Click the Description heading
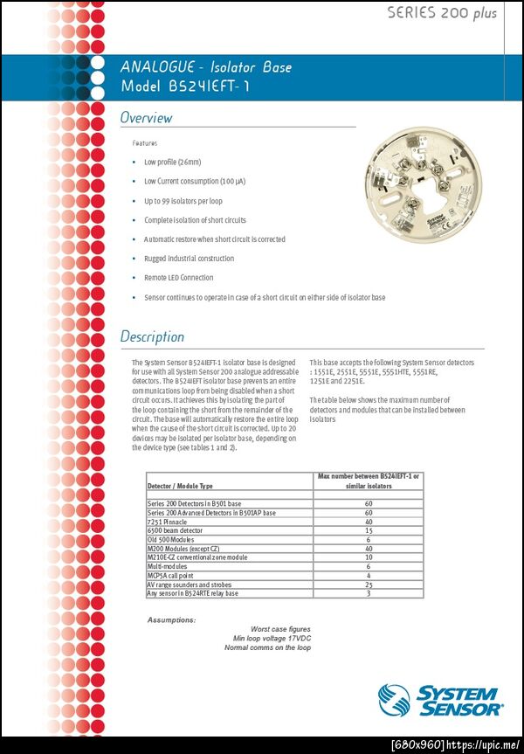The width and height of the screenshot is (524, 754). tap(152, 336)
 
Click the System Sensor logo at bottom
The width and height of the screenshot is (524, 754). tap(441, 701)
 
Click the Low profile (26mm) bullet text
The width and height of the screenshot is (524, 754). tap(172, 162)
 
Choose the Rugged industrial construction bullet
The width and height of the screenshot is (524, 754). tap(189, 259)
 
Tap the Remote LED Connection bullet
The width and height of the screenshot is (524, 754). tap(178, 278)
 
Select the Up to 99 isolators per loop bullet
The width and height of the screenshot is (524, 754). tap(183, 201)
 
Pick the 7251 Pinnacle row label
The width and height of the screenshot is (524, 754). tap(167, 522)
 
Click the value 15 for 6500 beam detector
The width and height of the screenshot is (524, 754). tap(369, 530)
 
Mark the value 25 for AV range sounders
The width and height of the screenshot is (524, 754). tap(369, 585)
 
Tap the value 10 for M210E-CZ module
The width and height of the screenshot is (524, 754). tap(369, 557)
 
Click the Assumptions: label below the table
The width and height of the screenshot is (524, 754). tap(171, 619)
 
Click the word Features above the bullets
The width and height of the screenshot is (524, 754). tap(145, 142)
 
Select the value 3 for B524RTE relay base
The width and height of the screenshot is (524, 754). tap(369, 593)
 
